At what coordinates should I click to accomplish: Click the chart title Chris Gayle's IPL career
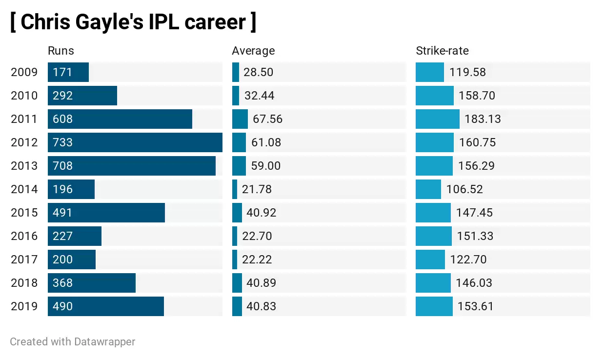tap(133, 22)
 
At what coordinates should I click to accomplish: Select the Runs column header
tap(60, 51)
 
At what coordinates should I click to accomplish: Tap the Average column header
tap(253, 51)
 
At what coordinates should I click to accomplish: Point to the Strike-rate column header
tap(442, 51)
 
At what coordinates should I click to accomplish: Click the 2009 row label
tap(24, 72)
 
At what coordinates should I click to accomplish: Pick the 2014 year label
tap(24, 189)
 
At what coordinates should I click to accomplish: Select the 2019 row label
tap(24, 306)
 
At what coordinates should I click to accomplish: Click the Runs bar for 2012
tap(135, 142)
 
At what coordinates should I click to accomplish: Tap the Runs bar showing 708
tap(131, 166)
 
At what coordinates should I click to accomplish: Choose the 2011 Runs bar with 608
tap(120, 119)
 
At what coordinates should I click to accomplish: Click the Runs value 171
tap(62, 72)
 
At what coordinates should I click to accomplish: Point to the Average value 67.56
tap(267, 119)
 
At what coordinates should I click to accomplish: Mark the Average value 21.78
tap(257, 189)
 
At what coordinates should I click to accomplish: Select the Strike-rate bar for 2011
tap(437, 119)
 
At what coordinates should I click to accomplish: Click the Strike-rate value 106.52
tap(464, 189)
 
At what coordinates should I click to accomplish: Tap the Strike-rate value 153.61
tap(475, 306)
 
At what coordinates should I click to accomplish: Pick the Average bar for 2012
tap(239, 142)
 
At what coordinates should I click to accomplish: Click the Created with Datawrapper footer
tap(72, 341)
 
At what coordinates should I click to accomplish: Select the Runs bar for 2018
tap(91, 283)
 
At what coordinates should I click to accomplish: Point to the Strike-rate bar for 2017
tap(430, 260)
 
